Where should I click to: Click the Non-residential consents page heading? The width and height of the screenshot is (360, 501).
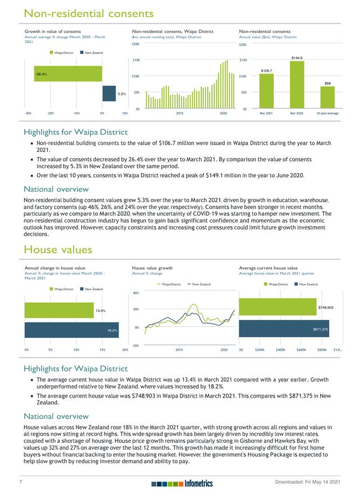pos(89,13)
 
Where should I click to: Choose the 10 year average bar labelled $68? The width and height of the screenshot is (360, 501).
pos(327,98)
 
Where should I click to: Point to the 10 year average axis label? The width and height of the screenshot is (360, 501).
pos(327,114)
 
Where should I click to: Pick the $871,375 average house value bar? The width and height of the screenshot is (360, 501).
pos(292,329)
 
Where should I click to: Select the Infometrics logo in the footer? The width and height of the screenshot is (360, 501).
pos(182,484)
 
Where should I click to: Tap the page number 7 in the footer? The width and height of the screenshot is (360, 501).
pos(20,483)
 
